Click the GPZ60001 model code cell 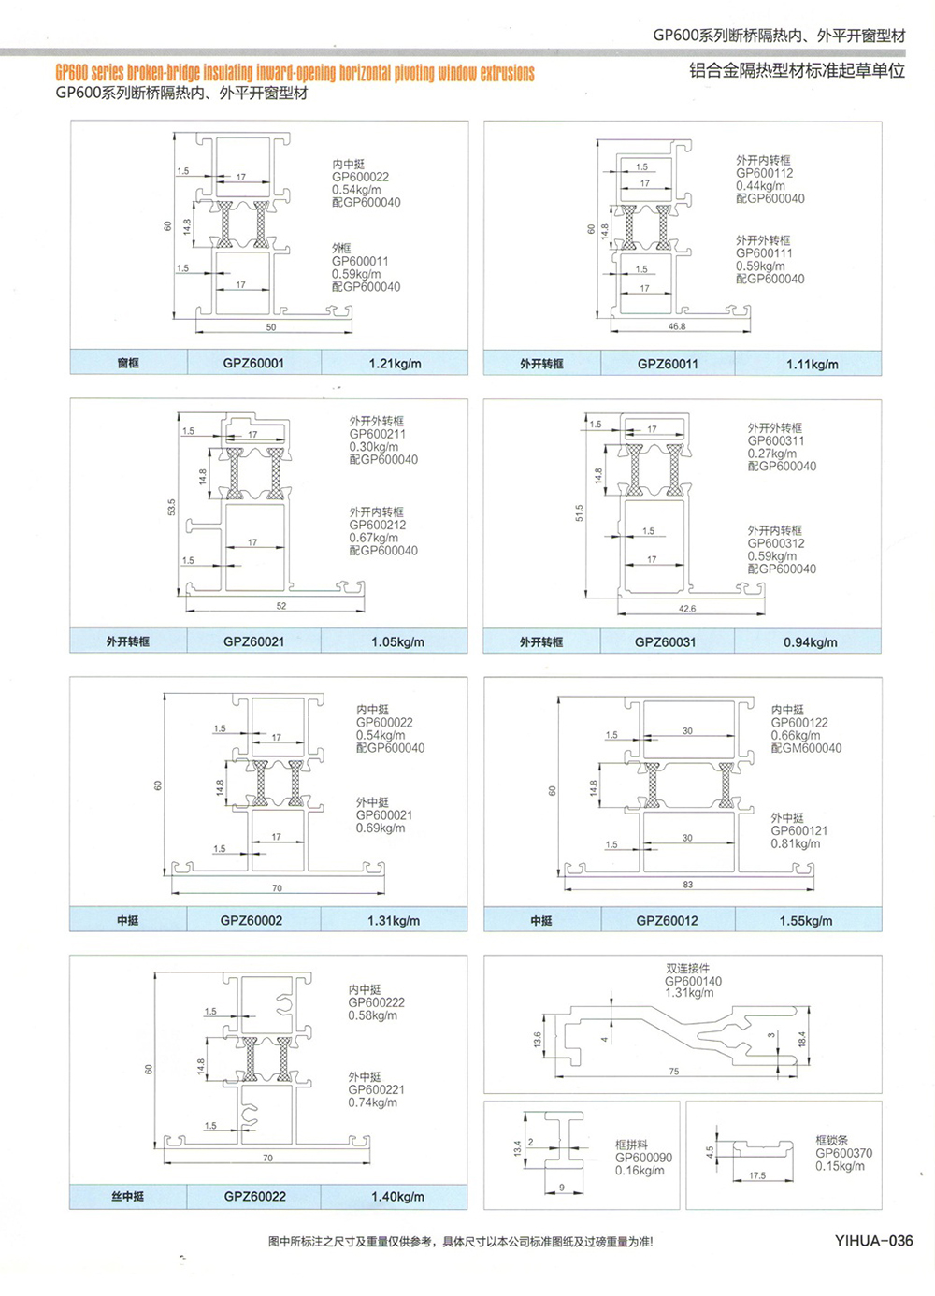(x=253, y=363)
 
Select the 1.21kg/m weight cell (x=395, y=363)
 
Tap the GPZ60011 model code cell (x=668, y=364)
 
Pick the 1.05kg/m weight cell (x=397, y=641)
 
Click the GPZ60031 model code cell (x=665, y=641)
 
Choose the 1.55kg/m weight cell (x=806, y=920)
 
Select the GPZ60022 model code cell (x=254, y=1196)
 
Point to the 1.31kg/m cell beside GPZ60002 (x=394, y=920)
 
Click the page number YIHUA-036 (x=873, y=1241)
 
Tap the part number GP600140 (x=693, y=981)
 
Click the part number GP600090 (x=643, y=1158)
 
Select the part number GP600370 (x=843, y=1153)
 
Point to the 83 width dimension (x=687, y=884)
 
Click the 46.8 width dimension (x=677, y=326)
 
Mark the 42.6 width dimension (x=687, y=609)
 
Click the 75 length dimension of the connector (x=674, y=1072)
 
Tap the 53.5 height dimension (x=171, y=507)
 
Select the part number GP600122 (x=799, y=723)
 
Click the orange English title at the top (x=295, y=72)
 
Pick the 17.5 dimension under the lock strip (x=757, y=1175)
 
